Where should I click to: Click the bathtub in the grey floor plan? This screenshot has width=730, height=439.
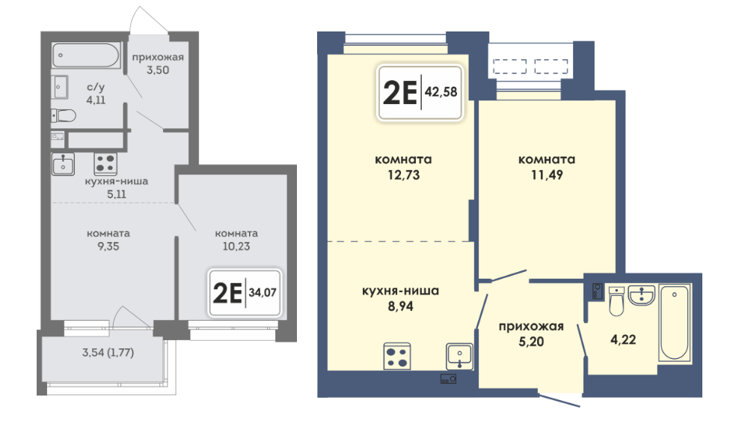click(x=86, y=55)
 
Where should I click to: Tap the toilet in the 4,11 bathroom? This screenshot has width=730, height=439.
click(x=64, y=115)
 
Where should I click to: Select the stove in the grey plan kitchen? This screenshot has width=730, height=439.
click(x=105, y=164)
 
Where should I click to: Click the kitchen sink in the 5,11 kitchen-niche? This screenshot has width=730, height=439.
click(x=63, y=164)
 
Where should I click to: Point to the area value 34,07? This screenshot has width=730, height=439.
click(x=263, y=293)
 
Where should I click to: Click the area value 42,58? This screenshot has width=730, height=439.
click(x=441, y=92)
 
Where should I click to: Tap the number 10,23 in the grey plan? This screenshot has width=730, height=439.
click(x=236, y=246)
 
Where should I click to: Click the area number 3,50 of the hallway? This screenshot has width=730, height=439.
click(x=158, y=70)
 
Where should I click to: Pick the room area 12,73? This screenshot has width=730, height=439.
click(x=403, y=175)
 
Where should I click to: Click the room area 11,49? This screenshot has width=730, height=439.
click(x=547, y=175)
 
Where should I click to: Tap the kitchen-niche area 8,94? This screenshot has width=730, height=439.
click(x=400, y=306)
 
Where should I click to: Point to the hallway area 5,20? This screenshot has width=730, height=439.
click(x=531, y=342)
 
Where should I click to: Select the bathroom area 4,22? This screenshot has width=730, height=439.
click(x=623, y=339)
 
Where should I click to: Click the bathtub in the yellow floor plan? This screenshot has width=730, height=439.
click(x=675, y=323)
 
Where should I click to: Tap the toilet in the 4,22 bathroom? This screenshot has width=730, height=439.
click(x=616, y=301)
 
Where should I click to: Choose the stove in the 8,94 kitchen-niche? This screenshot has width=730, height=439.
click(x=397, y=357)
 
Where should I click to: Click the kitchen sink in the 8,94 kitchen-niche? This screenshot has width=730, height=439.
click(x=459, y=357)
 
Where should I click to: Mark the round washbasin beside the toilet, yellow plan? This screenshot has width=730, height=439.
click(x=642, y=296)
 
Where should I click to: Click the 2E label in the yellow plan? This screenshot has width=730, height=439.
click(x=399, y=93)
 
